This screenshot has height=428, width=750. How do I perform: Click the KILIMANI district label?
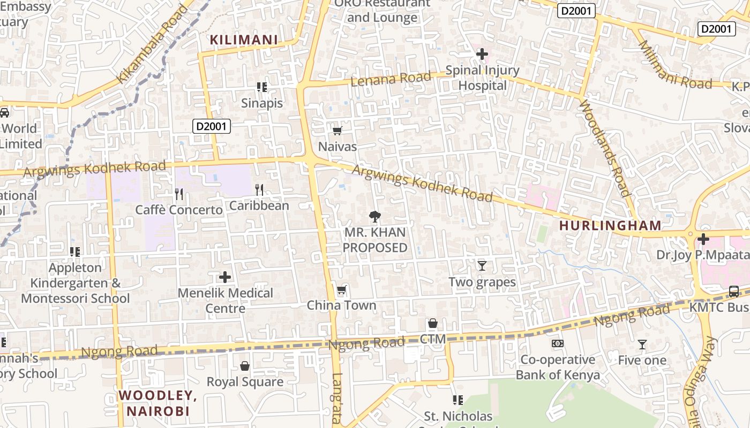(x=244, y=40)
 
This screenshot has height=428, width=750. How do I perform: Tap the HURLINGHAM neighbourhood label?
(x=610, y=225)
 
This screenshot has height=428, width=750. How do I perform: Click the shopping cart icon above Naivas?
(x=337, y=131)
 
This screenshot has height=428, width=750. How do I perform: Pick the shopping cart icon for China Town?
(x=341, y=290)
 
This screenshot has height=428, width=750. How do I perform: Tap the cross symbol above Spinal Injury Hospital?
(x=482, y=54)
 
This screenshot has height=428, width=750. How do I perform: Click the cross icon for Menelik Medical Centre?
(x=225, y=277)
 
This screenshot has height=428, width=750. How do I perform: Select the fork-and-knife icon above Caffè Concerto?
(x=179, y=194)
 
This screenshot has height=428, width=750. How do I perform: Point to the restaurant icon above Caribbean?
(x=259, y=189)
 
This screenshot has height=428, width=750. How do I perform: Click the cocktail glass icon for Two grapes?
(x=482, y=265)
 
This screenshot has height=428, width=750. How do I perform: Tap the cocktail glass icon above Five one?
(x=642, y=345)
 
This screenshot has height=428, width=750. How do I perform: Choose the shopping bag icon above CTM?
(x=433, y=323)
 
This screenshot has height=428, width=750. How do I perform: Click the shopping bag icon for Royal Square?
(x=245, y=366)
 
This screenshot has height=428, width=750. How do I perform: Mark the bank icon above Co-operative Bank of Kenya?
(x=558, y=343)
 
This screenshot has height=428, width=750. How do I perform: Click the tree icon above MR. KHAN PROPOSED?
(x=375, y=217)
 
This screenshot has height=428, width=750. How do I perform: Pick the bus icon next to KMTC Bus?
(x=734, y=292)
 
